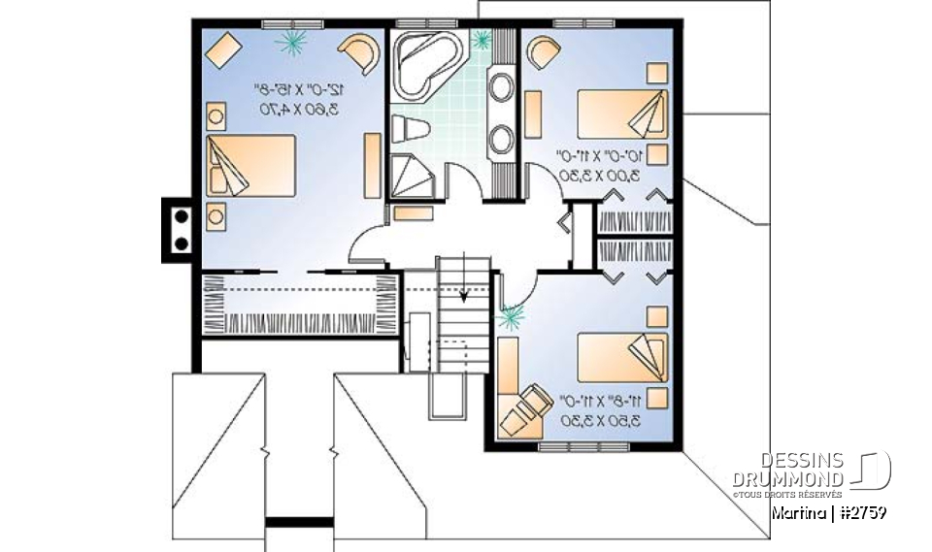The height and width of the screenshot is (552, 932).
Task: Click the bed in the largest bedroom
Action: [x=250, y=166]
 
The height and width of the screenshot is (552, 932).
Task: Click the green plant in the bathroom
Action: [x=482, y=39]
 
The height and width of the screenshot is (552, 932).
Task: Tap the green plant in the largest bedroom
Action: [x=291, y=41]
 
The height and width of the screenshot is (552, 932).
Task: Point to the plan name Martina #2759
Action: [x=826, y=512]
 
